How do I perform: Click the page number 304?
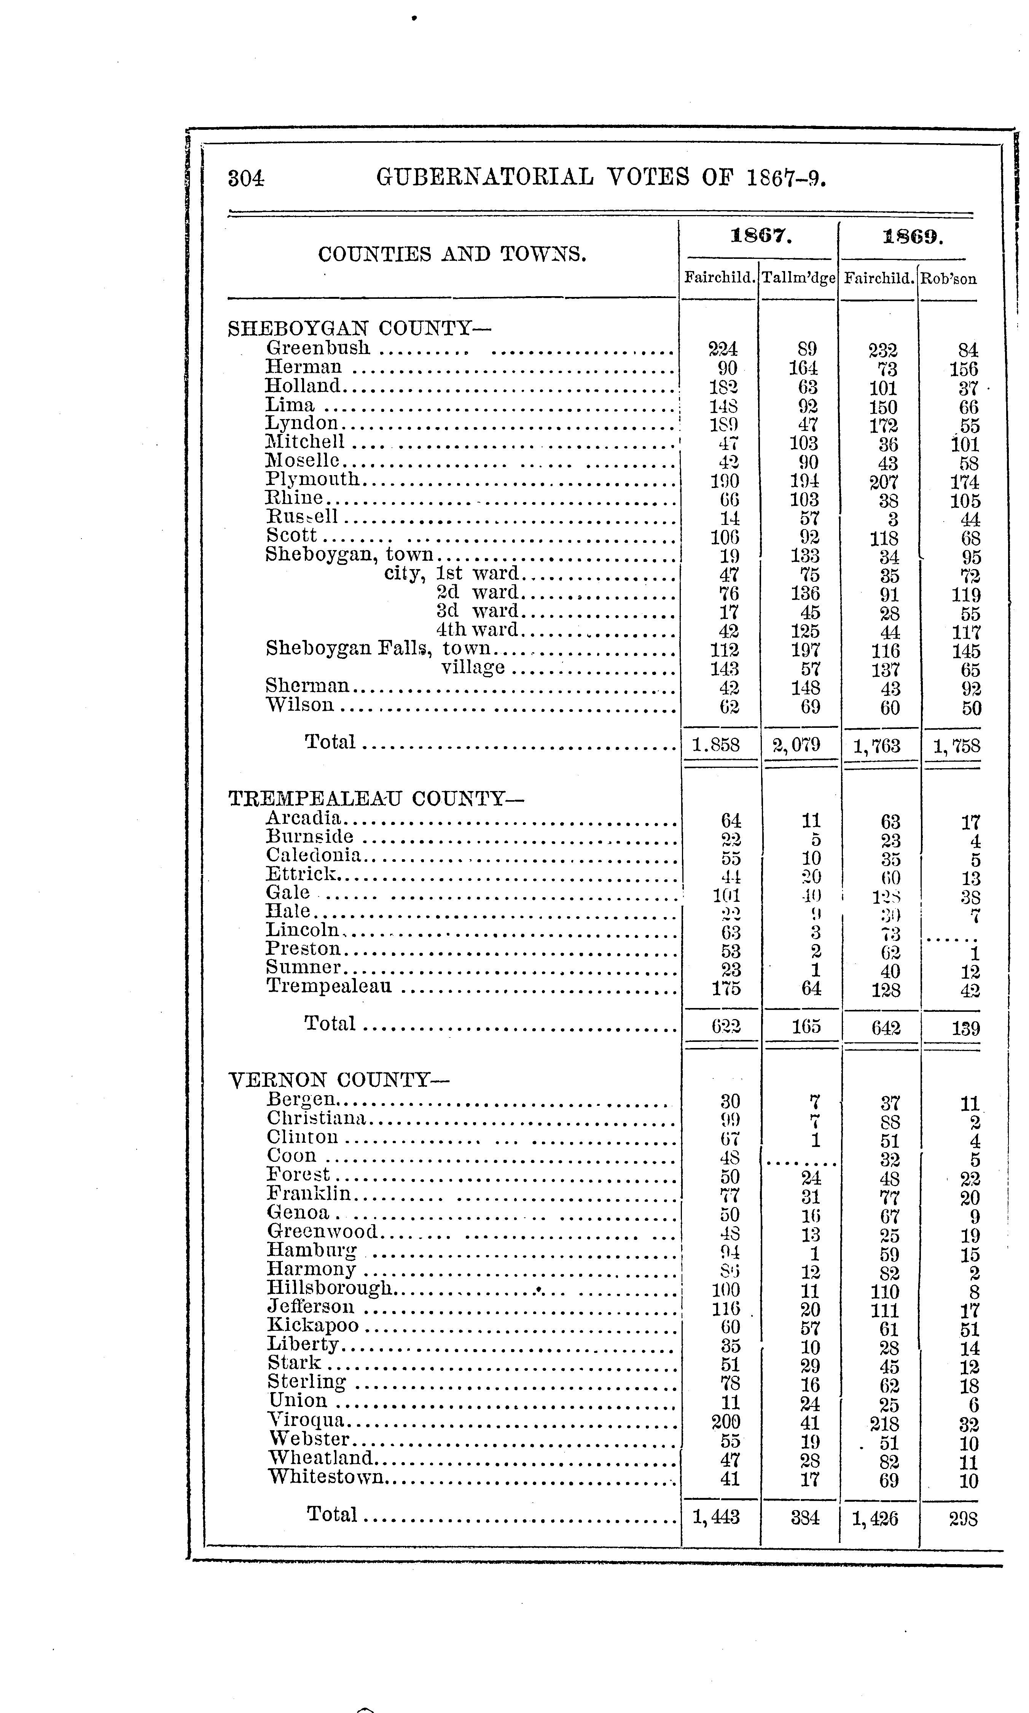click(246, 179)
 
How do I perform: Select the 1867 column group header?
click(761, 236)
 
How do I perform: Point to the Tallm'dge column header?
click(798, 279)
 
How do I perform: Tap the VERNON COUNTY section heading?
click(339, 1080)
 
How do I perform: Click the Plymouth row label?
click(313, 479)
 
